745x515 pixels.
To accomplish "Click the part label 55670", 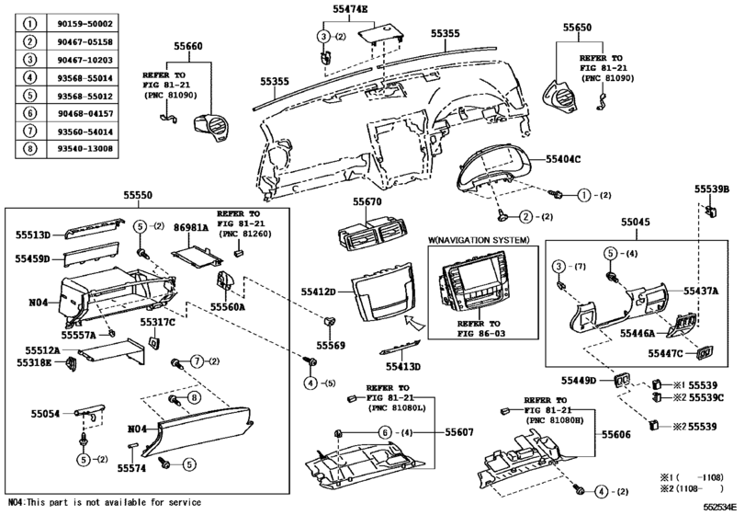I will pyautogui.click(x=367, y=201).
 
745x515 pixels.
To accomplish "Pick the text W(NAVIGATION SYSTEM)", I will pyautogui.click(x=480, y=240).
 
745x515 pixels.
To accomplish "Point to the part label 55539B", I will pyautogui.click(x=711, y=189).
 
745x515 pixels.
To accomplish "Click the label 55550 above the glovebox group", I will pyautogui.click(x=141, y=195).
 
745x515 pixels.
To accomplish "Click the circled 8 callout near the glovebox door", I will pyautogui.click(x=194, y=396).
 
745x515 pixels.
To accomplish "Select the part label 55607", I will pyautogui.click(x=434, y=431).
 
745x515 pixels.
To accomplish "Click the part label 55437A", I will pyautogui.click(x=701, y=291).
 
